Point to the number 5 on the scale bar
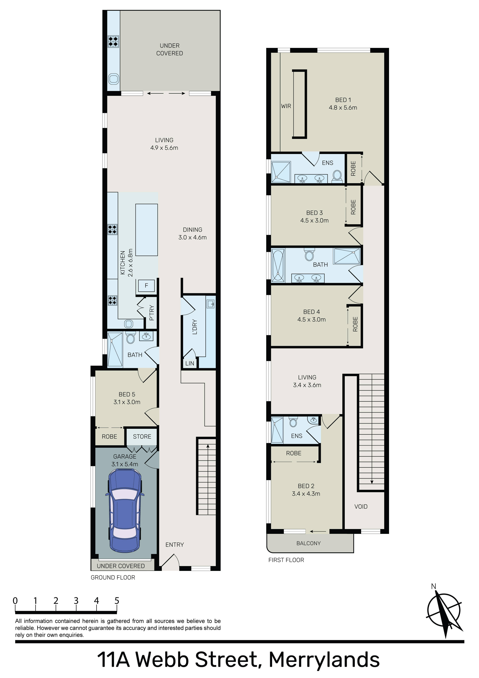point(117,601)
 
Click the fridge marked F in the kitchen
point(146,285)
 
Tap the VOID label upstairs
point(361,506)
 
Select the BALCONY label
point(308,543)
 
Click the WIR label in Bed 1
point(286,106)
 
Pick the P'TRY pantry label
point(152,313)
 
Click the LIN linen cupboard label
point(190,363)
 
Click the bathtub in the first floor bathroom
point(278,265)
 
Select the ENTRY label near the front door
point(174,545)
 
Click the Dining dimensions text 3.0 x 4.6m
point(193,237)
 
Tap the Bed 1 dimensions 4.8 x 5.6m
point(343,108)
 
